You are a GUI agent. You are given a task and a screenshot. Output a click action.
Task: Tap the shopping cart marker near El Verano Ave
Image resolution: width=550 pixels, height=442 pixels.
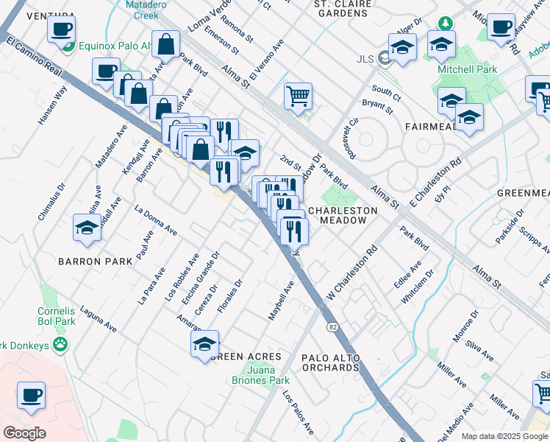298,96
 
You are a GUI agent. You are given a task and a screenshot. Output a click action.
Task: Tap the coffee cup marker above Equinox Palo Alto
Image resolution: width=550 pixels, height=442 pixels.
62,30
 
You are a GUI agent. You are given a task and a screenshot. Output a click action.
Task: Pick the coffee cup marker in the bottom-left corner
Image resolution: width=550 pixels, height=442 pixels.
31,395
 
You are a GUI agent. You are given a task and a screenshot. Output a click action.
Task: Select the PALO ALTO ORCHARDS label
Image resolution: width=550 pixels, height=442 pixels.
331,363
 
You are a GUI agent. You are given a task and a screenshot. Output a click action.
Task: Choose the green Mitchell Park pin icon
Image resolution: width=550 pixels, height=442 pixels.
446,24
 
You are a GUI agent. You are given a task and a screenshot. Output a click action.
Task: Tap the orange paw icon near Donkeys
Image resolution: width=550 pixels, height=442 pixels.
59,344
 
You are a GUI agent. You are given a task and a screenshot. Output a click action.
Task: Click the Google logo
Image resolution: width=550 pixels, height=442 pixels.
24,433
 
